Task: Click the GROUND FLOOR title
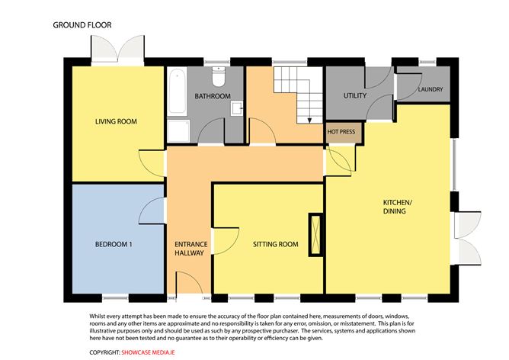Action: coord(82,25)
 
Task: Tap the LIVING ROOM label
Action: coord(116,121)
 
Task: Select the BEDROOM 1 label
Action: coord(114,244)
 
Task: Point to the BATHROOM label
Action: coord(213,96)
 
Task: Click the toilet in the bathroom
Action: coord(219,76)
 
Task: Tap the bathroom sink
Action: coord(237,108)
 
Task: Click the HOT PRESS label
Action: coord(341,132)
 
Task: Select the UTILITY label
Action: coord(355,96)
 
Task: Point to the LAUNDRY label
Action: coord(431,89)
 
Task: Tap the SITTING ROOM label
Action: coord(276,244)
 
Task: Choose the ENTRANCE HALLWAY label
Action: coord(190,249)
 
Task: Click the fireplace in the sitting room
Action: coord(315,235)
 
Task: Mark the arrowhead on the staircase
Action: coord(309,121)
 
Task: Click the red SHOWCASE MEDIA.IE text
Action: coord(148,352)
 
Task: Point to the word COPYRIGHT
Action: coord(104,352)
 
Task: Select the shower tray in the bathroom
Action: coord(178,131)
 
